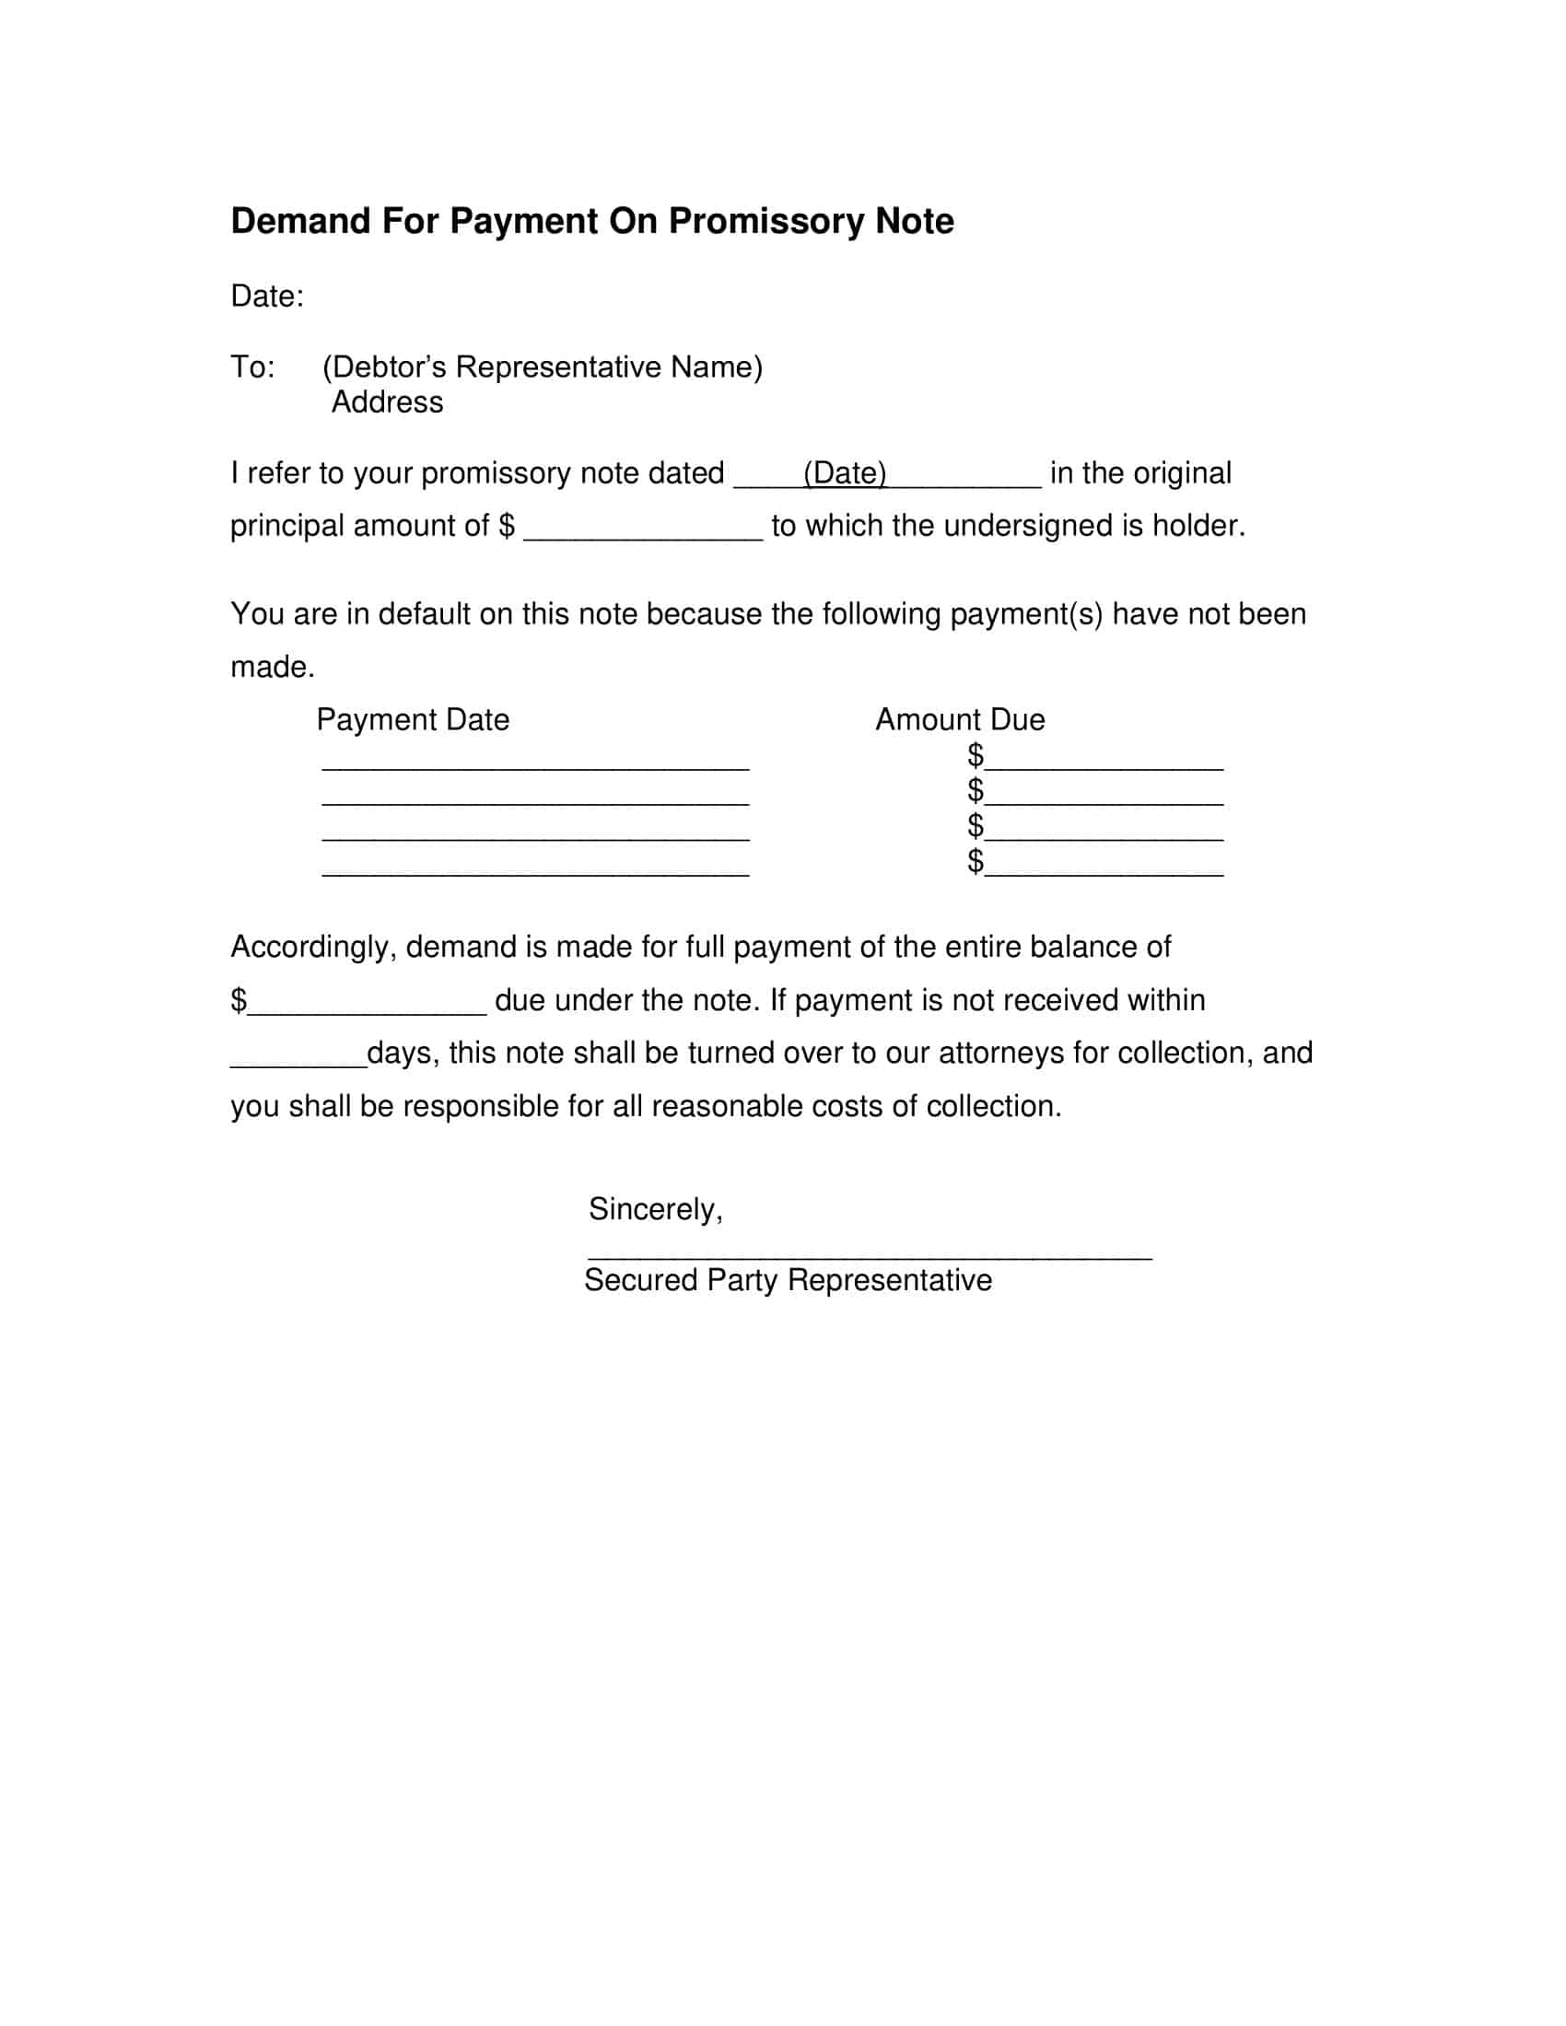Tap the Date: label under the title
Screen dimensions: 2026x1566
click(x=267, y=297)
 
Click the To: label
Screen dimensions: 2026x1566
click(x=252, y=367)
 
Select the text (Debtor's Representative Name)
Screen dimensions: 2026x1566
click(x=542, y=367)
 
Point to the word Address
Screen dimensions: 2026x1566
click(x=388, y=402)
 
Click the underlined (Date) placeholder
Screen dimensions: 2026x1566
click(x=844, y=473)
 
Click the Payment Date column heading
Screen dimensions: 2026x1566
click(x=413, y=720)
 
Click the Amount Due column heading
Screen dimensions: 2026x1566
click(x=959, y=720)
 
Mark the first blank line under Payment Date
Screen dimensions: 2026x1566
click(x=535, y=767)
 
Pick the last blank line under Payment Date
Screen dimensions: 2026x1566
click(x=535, y=873)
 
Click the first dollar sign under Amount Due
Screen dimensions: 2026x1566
click(x=975, y=755)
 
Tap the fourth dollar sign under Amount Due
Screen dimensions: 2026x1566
click(x=975, y=861)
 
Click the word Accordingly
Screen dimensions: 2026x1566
click(x=313, y=947)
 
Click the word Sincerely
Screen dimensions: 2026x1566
click(x=654, y=1210)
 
